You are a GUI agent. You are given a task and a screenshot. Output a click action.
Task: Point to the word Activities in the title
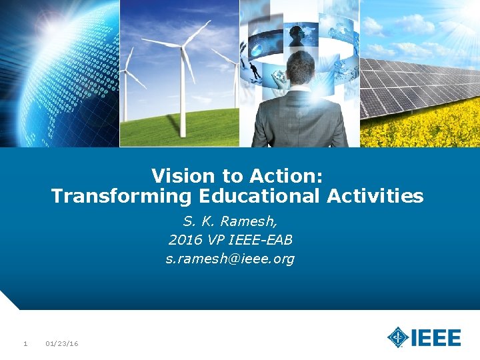click(375, 196)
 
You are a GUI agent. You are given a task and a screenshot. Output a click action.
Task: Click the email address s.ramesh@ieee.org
click(230, 258)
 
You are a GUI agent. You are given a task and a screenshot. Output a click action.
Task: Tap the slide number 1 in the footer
click(25, 344)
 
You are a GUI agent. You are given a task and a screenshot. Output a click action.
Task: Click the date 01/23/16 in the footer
click(61, 344)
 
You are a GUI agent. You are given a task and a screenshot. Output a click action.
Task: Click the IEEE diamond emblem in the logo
click(398, 337)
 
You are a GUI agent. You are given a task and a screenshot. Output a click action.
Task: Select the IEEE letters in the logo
click(436, 338)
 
